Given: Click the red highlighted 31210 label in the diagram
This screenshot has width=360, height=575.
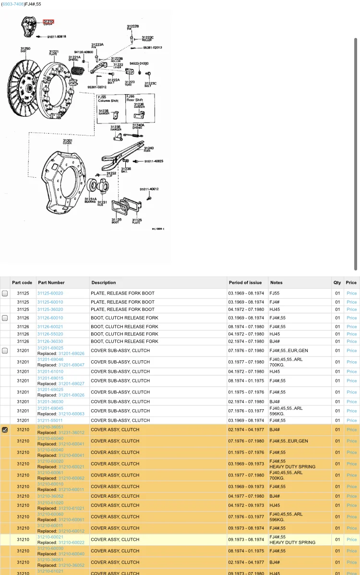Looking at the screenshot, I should [48, 22].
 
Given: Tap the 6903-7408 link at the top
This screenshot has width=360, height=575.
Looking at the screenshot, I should [13, 4].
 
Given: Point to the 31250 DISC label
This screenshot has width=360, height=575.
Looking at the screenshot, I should [25, 49].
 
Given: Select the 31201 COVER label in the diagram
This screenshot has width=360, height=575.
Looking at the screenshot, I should [67, 142].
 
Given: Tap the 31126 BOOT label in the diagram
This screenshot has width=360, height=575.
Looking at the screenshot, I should [117, 220].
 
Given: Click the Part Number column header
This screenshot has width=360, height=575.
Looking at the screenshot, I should [51, 282].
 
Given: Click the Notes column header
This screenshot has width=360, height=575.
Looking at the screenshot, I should [276, 282].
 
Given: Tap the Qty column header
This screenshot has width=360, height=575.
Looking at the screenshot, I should [337, 282].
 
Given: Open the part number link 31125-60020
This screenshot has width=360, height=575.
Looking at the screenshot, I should [50, 293].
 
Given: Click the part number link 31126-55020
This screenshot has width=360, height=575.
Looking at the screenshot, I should [50, 334].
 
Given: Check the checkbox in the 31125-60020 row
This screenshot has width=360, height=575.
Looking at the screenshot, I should [5, 293].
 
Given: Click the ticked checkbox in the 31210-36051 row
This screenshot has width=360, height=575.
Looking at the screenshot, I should [5, 430].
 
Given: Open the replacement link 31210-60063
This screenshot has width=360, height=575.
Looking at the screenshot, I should [71, 414].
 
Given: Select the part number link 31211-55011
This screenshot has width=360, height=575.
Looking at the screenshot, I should [50, 420].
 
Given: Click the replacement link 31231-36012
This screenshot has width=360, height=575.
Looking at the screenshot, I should [71, 432].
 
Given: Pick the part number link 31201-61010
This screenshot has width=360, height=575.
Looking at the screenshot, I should [50, 371].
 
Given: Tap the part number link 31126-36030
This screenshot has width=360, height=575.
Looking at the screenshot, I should [50, 341].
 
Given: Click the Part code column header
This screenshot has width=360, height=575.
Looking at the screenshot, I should [22, 282].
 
